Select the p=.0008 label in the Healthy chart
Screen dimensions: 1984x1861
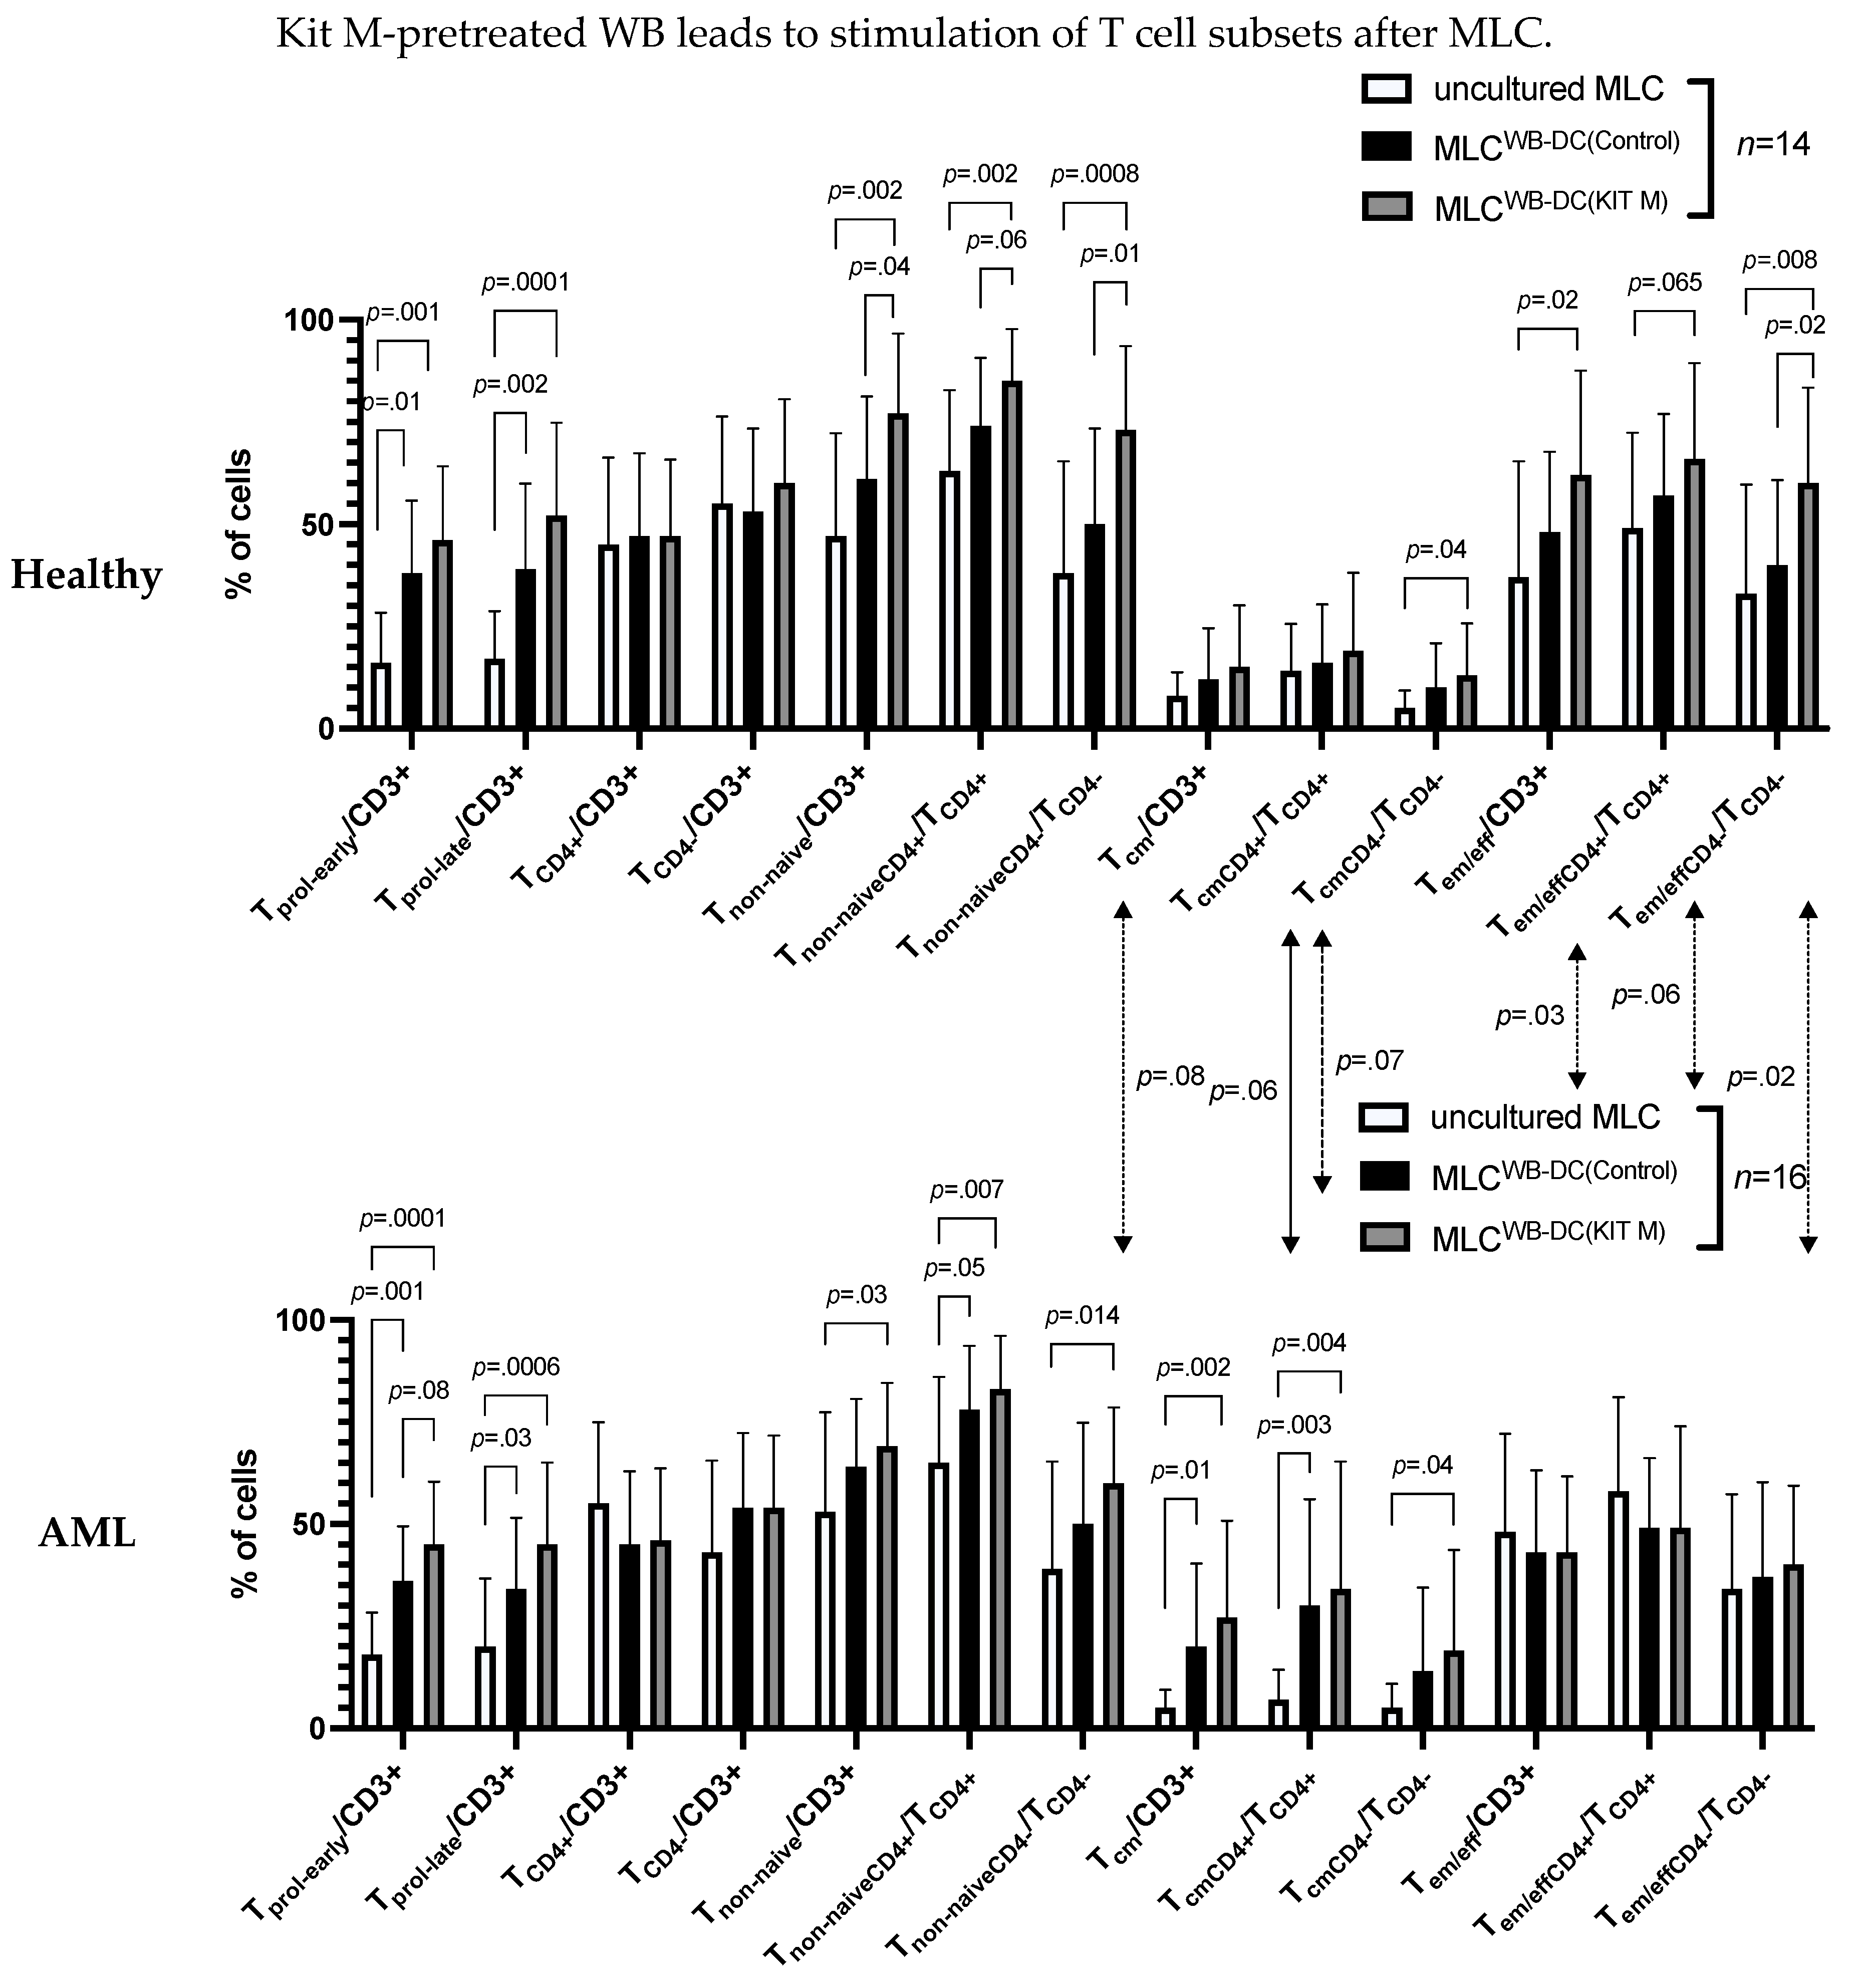(1095, 175)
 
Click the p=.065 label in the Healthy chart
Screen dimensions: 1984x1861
(1665, 284)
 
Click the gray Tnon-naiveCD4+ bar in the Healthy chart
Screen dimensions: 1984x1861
(1012, 554)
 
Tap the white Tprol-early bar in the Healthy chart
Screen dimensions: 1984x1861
(380, 696)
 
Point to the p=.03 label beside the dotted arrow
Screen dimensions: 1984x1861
(1530, 1017)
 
